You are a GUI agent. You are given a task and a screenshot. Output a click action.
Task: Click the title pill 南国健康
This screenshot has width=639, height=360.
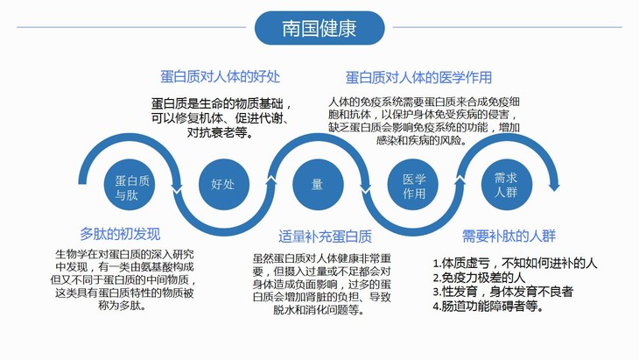(x=319, y=28)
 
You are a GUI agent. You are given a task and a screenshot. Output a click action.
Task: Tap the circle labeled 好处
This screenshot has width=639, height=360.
(x=222, y=185)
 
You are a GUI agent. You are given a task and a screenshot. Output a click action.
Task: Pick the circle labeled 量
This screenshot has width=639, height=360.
(x=318, y=185)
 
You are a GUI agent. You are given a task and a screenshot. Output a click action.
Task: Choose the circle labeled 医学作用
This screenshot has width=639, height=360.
(x=413, y=185)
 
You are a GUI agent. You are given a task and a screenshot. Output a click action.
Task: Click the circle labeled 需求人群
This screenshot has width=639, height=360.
(x=506, y=183)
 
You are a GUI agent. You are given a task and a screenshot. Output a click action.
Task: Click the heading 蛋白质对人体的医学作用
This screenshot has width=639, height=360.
(x=418, y=77)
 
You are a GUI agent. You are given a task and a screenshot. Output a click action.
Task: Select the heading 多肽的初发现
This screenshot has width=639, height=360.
(x=120, y=234)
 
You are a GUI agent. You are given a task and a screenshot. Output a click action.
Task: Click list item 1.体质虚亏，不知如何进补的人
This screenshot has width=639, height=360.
(x=515, y=263)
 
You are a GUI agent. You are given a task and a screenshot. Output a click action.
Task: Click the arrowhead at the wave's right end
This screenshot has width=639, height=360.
(x=553, y=185)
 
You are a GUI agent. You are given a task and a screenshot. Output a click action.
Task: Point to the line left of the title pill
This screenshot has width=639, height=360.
(x=131, y=27)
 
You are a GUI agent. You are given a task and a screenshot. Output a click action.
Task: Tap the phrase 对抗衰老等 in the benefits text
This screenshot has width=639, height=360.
(x=219, y=133)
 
